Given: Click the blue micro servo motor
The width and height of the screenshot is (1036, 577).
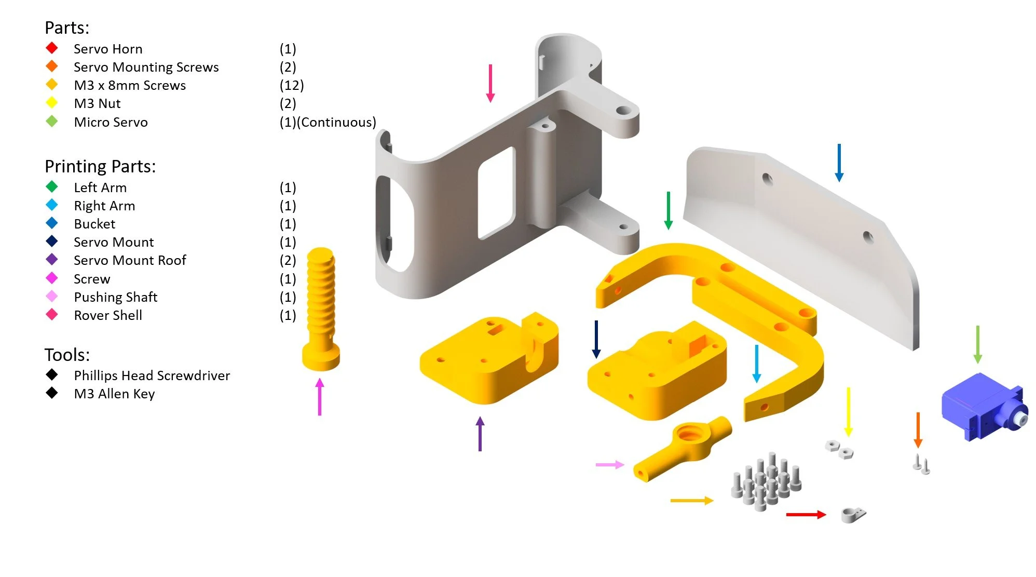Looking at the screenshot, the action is [x=984, y=407].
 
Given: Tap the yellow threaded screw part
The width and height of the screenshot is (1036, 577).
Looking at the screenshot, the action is [x=321, y=309].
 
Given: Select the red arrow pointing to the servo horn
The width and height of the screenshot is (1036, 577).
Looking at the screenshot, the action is [x=806, y=515].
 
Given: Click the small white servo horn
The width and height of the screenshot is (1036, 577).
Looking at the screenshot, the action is [x=853, y=515].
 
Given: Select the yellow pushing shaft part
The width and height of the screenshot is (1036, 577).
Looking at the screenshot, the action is [x=683, y=448].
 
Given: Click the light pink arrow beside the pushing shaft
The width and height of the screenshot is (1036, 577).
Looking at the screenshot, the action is [x=610, y=464].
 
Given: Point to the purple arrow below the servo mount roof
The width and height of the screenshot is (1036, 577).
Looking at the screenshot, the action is [x=480, y=434].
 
